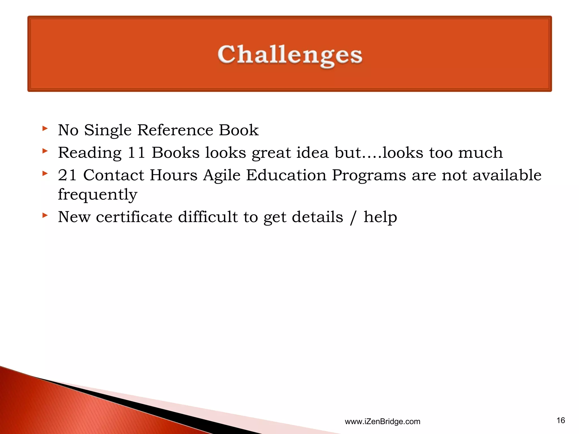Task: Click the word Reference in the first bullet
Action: tap(175, 130)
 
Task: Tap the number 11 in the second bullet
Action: tap(136, 153)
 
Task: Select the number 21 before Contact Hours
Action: tap(67, 175)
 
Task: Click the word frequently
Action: tap(98, 195)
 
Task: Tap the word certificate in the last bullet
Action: tap(134, 217)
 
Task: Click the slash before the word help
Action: tap(353, 218)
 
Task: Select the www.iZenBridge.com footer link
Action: tap(383, 422)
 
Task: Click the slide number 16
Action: tap(561, 420)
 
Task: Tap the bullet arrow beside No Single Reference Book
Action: tap(45, 129)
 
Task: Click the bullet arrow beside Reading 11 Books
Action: tap(45, 151)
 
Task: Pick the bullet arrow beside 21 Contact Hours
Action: tap(45, 173)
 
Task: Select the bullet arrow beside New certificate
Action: tap(45, 216)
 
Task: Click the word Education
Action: tap(286, 175)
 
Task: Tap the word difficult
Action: tap(208, 217)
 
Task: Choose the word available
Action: tap(507, 175)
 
